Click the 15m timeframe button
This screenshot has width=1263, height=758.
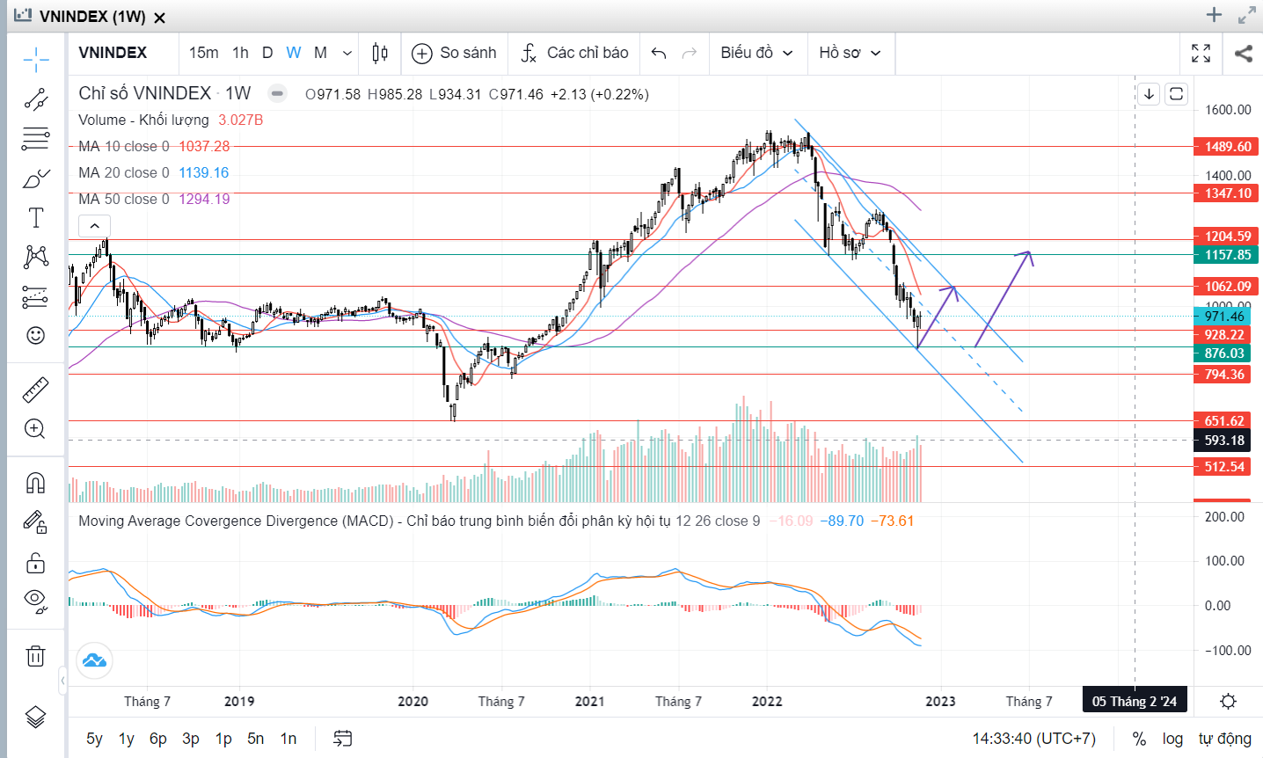203,53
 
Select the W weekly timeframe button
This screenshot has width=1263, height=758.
294,53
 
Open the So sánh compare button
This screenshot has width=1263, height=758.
455,53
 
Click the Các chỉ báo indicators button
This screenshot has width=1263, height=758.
574,53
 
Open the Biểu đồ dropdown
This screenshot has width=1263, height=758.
756,53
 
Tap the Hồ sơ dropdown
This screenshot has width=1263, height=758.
850,53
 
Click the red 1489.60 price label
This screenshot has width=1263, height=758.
1227,147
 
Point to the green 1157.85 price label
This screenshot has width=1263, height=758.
1227,255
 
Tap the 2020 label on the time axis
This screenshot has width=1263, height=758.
412,701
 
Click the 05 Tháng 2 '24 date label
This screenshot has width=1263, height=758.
1134,701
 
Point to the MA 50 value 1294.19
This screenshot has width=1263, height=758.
204,199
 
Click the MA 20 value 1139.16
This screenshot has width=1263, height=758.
203,172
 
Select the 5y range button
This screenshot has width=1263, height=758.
94,739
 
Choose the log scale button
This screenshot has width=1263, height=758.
1172,739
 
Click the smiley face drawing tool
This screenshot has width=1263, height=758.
35,335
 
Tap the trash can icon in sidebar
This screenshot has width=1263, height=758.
35,656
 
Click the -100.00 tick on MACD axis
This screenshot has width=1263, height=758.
1227,651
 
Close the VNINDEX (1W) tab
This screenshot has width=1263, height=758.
160,18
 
